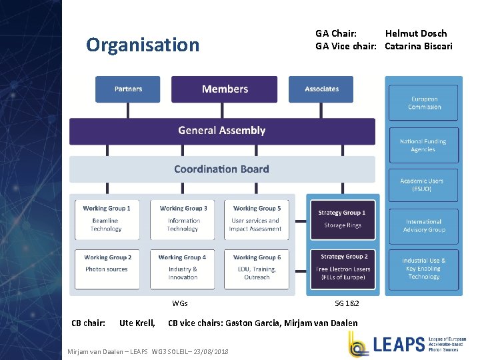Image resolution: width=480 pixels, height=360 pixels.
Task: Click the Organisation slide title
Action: click(143, 45)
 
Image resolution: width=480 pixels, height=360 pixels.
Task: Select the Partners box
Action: click(128, 89)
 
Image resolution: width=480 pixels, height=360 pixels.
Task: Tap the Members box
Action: click(225, 89)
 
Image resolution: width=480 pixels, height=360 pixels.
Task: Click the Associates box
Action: click(321, 89)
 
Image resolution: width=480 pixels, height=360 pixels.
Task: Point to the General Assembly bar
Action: click(222, 131)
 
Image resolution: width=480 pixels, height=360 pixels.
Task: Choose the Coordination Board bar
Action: click(222, 169)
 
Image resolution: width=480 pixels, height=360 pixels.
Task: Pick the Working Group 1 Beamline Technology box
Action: click(107, 219)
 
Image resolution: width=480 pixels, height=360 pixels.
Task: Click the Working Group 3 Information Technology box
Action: click(183, 219)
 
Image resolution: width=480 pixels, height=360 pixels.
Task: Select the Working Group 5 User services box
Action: click(257, 219)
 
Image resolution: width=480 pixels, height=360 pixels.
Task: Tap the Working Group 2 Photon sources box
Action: click(107, 269)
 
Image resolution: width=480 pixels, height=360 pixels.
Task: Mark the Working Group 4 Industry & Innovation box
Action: click(183, 269)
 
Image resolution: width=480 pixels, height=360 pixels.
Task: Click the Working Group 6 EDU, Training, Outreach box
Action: click(257, 269)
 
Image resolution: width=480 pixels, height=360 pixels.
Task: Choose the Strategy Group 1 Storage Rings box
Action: click(342, 219)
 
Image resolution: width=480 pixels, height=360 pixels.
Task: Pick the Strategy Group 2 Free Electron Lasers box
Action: click(343, 267)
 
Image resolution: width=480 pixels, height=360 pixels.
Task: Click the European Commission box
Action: click(424, 103)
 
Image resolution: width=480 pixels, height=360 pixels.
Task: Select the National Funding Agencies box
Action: click(424, 145)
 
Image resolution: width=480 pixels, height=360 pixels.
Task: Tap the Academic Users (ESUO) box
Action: click(424, 185)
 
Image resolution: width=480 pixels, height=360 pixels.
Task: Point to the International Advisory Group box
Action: click(424, 225)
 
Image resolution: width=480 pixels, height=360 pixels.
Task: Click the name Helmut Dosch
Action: click(416, 33)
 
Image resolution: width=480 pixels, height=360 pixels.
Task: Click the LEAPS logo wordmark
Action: click(399, 344)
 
